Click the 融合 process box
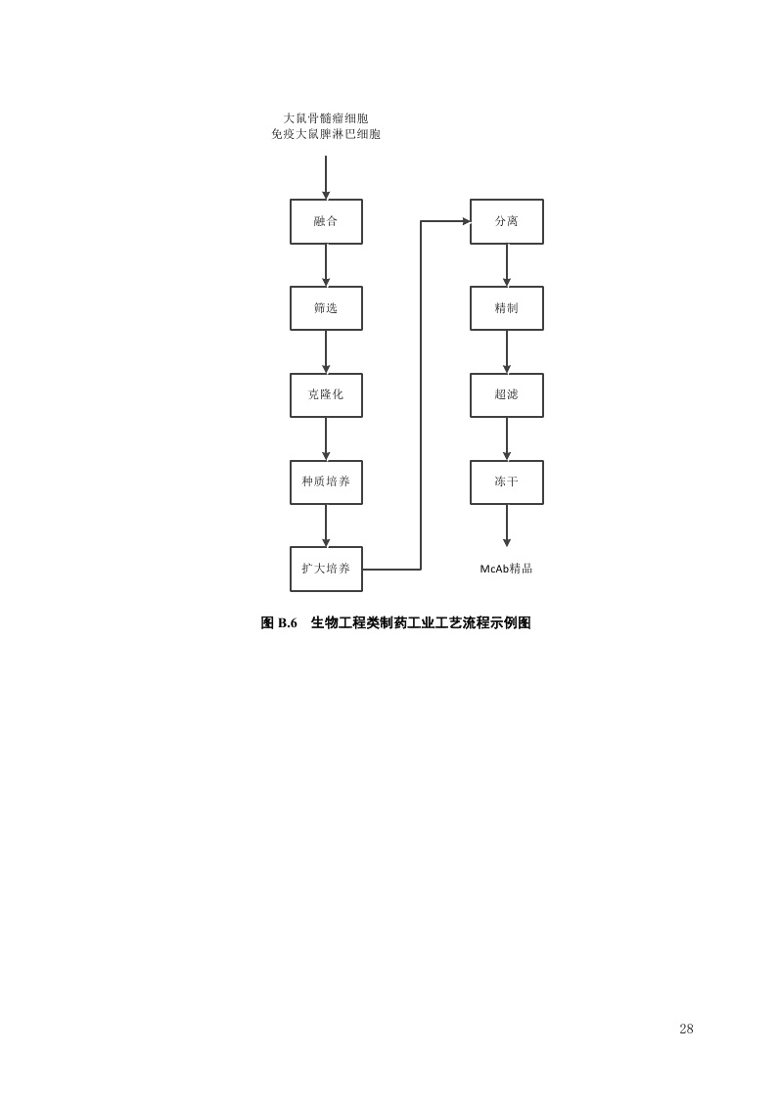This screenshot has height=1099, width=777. (x=326, y=221)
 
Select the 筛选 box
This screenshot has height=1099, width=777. (x=326, y=308)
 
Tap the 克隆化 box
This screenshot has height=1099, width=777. (x=326, y=395)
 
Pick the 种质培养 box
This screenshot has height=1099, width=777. (x=326, y=482)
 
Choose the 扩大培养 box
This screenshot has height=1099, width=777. (x=326, y=570)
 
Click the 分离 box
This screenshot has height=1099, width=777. (x=507, y=221)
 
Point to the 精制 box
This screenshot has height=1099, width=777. (x=507, y=308)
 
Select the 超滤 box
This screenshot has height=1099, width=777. (x=507, y=395)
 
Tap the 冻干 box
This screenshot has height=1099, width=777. (x=507, y=482)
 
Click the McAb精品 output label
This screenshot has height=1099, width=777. (x=506, y=569)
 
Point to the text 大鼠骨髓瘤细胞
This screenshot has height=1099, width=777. (x=326, y=118)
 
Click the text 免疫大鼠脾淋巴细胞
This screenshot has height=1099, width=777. (x=326, y=134)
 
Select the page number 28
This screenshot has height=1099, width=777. (x=686, y=1029)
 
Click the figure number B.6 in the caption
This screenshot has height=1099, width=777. (x=288, y=622)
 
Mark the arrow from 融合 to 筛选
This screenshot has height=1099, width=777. (x=326, y=265)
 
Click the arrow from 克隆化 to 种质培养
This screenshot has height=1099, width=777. (x=326, y=438)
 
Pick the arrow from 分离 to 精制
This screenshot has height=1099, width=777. (x=507, y=265)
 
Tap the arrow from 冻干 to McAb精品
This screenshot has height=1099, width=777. (x=507, y=526)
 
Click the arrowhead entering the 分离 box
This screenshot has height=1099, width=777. (x=466, y=221)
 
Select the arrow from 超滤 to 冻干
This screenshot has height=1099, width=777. (x=507, y=438)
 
